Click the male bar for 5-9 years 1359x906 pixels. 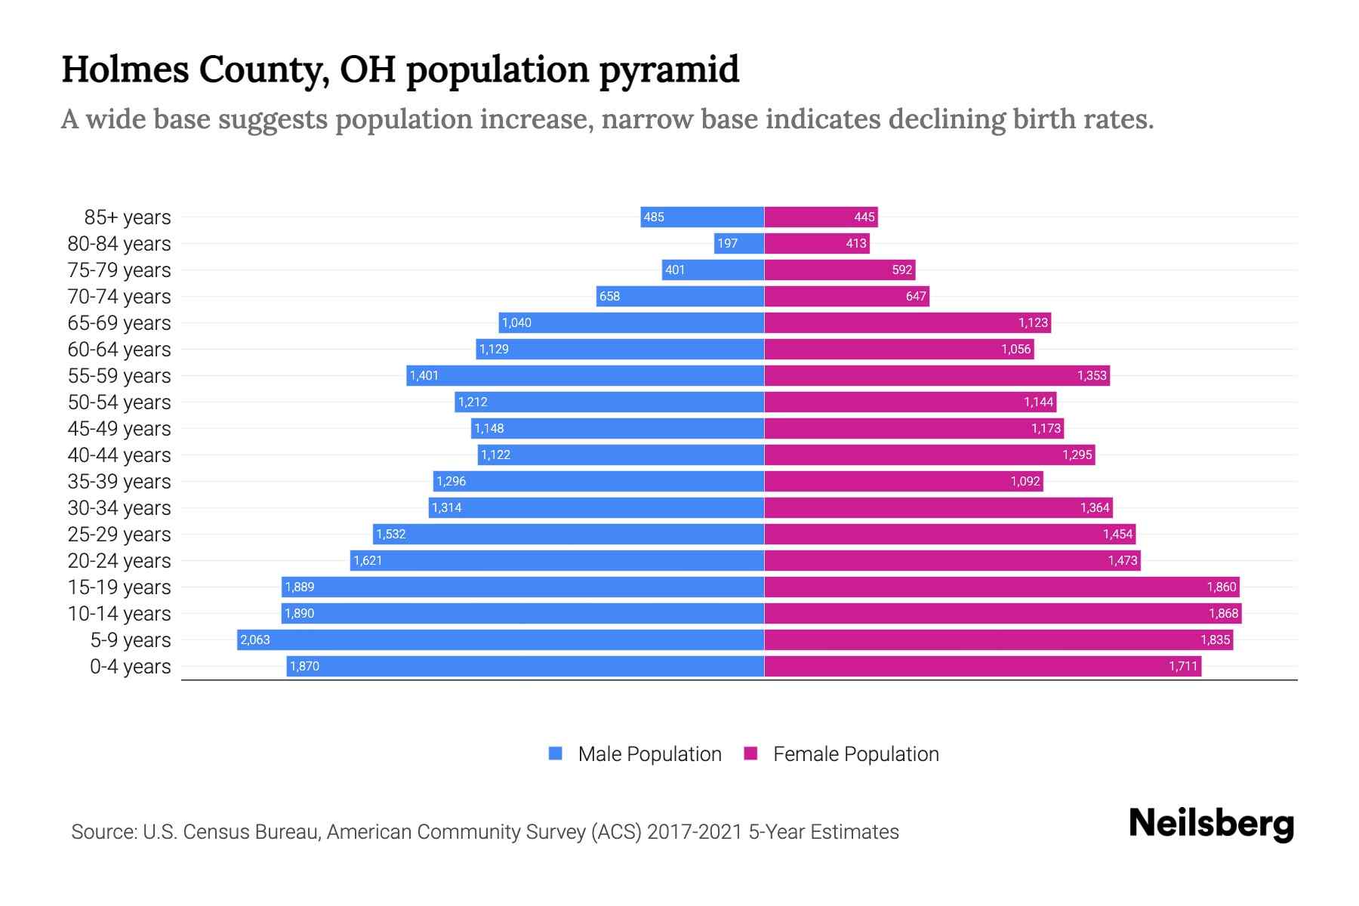(500, 639)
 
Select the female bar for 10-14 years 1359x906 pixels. (1003, 613)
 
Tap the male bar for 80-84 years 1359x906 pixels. (739, 243)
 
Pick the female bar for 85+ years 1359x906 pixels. (821, 217)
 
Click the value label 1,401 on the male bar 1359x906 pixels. (424, 375)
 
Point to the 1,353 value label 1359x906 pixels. (1092, 375)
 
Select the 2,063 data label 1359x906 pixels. (254, 639)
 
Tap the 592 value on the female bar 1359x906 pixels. (902, 270)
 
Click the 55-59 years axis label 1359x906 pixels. (119, 375)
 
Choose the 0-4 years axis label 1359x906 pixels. (130, 666)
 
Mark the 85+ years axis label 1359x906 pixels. (128, 217)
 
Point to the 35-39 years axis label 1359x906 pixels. (119, 481)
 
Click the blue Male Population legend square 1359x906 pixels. (556, 753)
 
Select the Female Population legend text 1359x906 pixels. (855, 753)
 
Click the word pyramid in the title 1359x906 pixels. (669, 69)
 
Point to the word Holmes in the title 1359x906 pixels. (125, 69)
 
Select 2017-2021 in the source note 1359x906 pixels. (695, 831)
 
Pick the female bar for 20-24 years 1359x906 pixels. (952, 560)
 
